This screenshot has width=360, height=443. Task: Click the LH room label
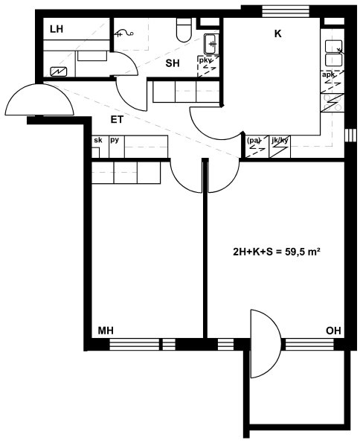pyautogui.click(x=57, y=29)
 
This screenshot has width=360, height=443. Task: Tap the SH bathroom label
pyautogui.click(x=173, y=63)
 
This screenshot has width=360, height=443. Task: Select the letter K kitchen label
pyautogui.click(x=278, y=34)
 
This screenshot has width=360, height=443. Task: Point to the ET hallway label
pyautogui.click(x=117, y=120)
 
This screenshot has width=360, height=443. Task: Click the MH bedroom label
pyautogui.click(x=106, y=331)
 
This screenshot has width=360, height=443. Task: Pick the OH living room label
pyautogui.click(x=333, y=331)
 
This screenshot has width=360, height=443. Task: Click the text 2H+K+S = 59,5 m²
pyautogui.click(x=277, y=252)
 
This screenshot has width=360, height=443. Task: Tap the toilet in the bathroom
pyautogui.click(x=184, y=30)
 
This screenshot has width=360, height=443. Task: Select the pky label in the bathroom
pyautogui.click(x=205, y=60)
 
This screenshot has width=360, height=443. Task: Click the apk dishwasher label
pyautogui.click(x=328, y=75)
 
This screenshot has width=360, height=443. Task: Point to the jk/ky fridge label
pyautogui.click(x=280, y=140)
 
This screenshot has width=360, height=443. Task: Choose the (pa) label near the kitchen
pyautogui.click(x=254, y=140)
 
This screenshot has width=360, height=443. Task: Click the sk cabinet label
pyautogui.click(x=98, y=139)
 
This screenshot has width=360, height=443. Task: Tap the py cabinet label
pyautogui.click(x=115, y=140)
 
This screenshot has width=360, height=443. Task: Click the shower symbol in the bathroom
pyautogui.click(x=124, y=34)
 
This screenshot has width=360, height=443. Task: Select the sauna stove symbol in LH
pyautogui.click(x=59, y=71)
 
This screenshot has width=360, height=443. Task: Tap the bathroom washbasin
pyautogui.click(x=211, y=44)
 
